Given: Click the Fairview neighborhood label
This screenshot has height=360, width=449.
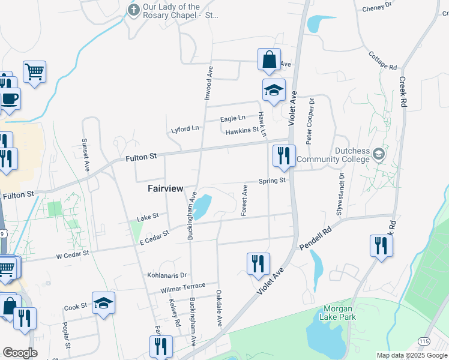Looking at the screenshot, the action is click(165, 188).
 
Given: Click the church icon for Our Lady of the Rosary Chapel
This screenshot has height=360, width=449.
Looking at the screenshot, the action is click(133, 10).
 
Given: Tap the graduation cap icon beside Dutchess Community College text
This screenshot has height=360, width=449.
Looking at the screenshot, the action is click(378, 154).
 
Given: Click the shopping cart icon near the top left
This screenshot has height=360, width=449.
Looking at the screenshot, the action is click(34, 71).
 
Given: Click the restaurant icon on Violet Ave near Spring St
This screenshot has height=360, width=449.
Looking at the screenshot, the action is click(283, 155).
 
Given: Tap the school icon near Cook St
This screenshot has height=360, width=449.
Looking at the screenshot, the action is click(103, 303).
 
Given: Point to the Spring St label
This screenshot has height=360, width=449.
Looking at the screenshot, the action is click(271, 181).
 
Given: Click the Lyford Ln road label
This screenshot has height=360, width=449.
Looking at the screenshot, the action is click(184, 129).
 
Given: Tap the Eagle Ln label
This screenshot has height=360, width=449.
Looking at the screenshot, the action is click(233, 119).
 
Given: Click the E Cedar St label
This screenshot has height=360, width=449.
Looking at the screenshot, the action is click(154, 238).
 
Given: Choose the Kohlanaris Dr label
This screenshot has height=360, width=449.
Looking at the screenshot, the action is click(167, 275).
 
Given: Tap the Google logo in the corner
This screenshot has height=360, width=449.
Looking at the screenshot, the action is click(20, 353).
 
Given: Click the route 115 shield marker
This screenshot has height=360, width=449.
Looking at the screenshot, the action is click(424, 341).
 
